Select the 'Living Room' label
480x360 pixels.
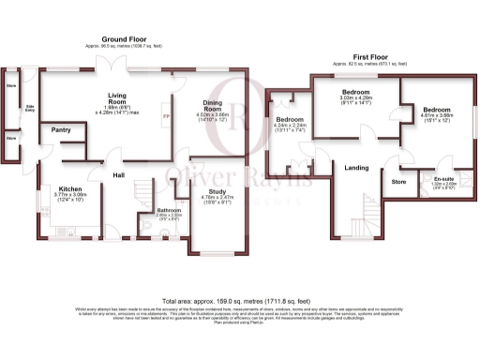point(117,97)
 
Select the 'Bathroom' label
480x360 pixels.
point(169,210)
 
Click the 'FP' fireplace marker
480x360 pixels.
point(167,116)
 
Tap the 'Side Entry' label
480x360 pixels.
point(30,108)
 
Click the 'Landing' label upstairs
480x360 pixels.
point(356,168)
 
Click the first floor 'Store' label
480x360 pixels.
point(398,180)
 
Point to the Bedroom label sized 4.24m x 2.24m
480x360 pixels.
point(289,120)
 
